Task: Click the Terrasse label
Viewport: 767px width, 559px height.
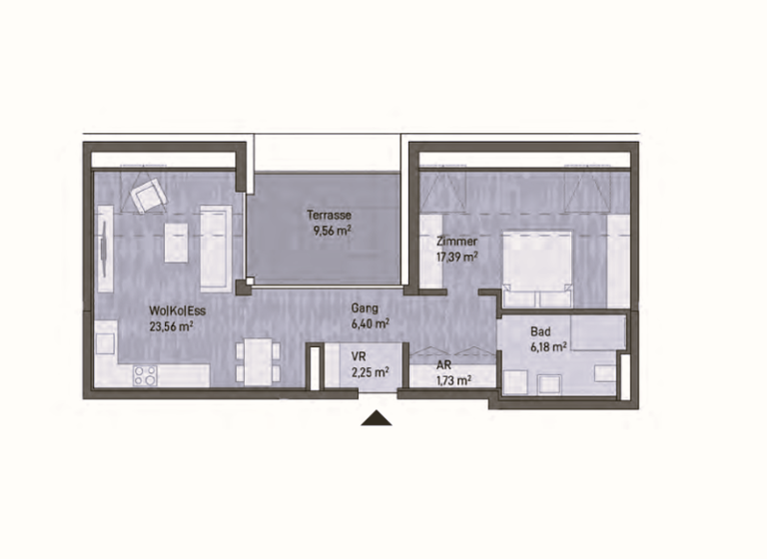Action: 329,215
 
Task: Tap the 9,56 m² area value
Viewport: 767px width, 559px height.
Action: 333,231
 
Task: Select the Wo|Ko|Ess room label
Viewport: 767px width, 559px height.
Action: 177,310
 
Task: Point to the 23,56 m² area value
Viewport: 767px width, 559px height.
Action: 171,326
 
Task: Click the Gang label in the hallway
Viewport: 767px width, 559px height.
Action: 365,308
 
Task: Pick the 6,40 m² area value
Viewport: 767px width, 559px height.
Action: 370,323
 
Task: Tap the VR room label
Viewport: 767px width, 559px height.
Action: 359,357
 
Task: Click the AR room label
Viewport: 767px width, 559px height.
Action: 443,364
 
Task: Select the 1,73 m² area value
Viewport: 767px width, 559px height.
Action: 454,380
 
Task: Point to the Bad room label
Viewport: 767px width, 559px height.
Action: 540,331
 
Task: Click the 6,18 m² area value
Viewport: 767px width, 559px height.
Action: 549,346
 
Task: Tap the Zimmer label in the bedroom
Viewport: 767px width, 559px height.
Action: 456,242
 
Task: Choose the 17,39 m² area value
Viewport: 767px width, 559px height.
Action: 456,257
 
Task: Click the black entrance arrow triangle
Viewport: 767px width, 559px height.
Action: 377,418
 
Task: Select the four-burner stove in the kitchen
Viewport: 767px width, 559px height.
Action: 145,375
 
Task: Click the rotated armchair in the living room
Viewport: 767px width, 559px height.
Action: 149,195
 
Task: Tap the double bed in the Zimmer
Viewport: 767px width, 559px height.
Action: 537,270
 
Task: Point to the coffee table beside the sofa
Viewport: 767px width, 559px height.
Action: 176,243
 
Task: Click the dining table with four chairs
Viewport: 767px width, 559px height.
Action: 258,362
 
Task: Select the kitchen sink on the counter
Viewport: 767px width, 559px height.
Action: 105,342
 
